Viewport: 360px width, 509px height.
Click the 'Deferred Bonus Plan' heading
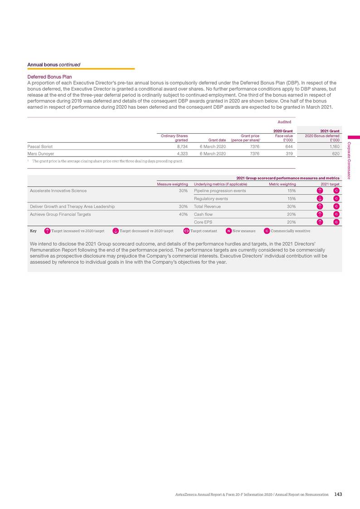[49, 77]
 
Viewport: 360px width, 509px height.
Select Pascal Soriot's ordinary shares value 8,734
[182, 146]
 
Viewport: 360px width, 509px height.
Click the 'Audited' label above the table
[284, 122]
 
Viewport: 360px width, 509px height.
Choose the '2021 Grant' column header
[330, 131]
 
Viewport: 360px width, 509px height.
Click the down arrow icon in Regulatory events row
[320, 199]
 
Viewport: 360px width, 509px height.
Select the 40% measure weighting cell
[183, 214]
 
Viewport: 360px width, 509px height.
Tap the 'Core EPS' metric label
[204, 222]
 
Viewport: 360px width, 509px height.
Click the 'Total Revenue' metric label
[207, 207]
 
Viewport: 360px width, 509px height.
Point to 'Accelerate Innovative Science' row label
[58, 191]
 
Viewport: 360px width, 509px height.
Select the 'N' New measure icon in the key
[229, 231]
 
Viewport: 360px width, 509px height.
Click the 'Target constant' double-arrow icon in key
[186, 231]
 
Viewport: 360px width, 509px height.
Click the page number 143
[337, 494]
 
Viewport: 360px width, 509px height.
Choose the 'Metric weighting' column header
[282, 184]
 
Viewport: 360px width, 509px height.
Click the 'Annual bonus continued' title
[54, 65]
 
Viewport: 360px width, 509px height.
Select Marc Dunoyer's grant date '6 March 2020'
[213, 154]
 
